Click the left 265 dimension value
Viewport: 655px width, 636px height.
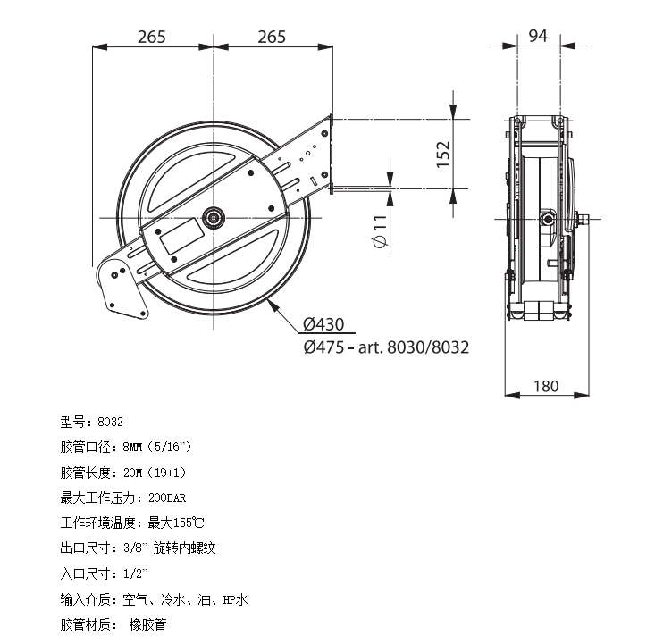(x=152, y=37)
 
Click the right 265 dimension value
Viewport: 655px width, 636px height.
(x=272, y=37)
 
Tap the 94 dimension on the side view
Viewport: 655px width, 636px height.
(x=538, y=36)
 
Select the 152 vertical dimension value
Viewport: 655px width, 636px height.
(x=443, y=155)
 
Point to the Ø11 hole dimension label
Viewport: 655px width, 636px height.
(x=380, y=231)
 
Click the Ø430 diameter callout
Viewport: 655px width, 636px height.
(x=323, y=324)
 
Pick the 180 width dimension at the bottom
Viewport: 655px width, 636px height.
(x=546, y=386)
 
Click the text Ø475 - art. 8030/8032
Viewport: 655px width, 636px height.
(x=386, y=347)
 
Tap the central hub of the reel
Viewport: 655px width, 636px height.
(x=214, y=218)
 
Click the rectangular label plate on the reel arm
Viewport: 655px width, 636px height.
(x=182, y=237)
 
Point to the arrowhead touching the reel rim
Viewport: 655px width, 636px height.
(x=272, y=305)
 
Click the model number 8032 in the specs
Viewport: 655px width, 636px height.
(x=110, y=422)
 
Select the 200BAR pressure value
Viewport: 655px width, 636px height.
(x=167, y=498)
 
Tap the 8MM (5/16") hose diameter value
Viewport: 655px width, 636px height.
(x=157, y=448)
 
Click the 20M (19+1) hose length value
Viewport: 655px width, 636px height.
(x=155, y=473)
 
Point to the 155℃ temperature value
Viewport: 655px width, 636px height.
(x=189, y=523)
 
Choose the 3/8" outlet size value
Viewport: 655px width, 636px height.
(x=136, y=548)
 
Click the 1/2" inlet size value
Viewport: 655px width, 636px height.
(x=136, y=573)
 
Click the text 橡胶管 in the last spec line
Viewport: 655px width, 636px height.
(x=147, y=624)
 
